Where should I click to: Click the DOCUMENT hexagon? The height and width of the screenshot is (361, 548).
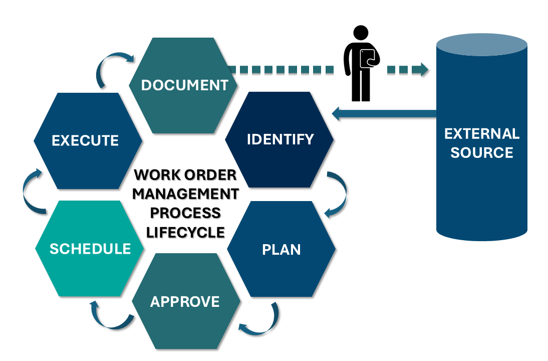pyautogui.click(x=184, y=85)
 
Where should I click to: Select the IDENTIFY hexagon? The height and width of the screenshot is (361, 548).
pyautogui.click(x=280, y=139)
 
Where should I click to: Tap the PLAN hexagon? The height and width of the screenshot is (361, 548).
pyautogui.click(x=282, y=249)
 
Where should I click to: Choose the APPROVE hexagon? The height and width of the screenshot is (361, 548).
pyautogui.click(x=185, y=301)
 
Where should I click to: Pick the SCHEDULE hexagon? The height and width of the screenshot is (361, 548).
pyautogui.click(x=90, y=248)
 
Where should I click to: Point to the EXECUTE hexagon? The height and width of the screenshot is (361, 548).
pyautogui.click(x=86, y=140)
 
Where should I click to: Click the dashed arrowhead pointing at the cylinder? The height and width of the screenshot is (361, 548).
pyautogui.click(x=423, y=70)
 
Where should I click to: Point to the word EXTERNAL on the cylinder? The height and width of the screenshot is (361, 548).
pyautogui.click(x=482, y=134)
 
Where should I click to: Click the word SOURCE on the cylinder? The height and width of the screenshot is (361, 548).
pyautogui.click(x=482, y=152)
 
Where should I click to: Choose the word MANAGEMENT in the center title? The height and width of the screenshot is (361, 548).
pyautogui.click(x=185, y=194)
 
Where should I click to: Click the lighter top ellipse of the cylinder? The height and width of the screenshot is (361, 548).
pyautogui.click(x=481, y=45)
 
